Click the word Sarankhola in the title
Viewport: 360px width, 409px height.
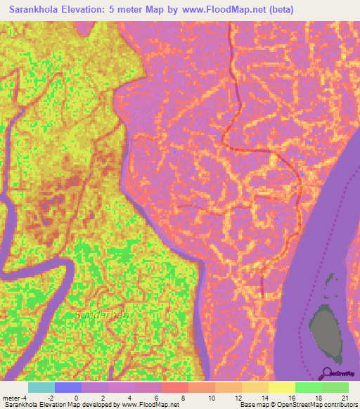[39, 10]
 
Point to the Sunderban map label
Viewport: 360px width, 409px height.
[101, 316]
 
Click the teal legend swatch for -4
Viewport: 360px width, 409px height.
[41, 387]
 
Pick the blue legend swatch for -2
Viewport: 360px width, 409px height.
[68, 387]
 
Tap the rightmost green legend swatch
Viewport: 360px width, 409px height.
[335, 387]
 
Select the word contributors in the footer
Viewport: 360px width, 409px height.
[340, 405]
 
